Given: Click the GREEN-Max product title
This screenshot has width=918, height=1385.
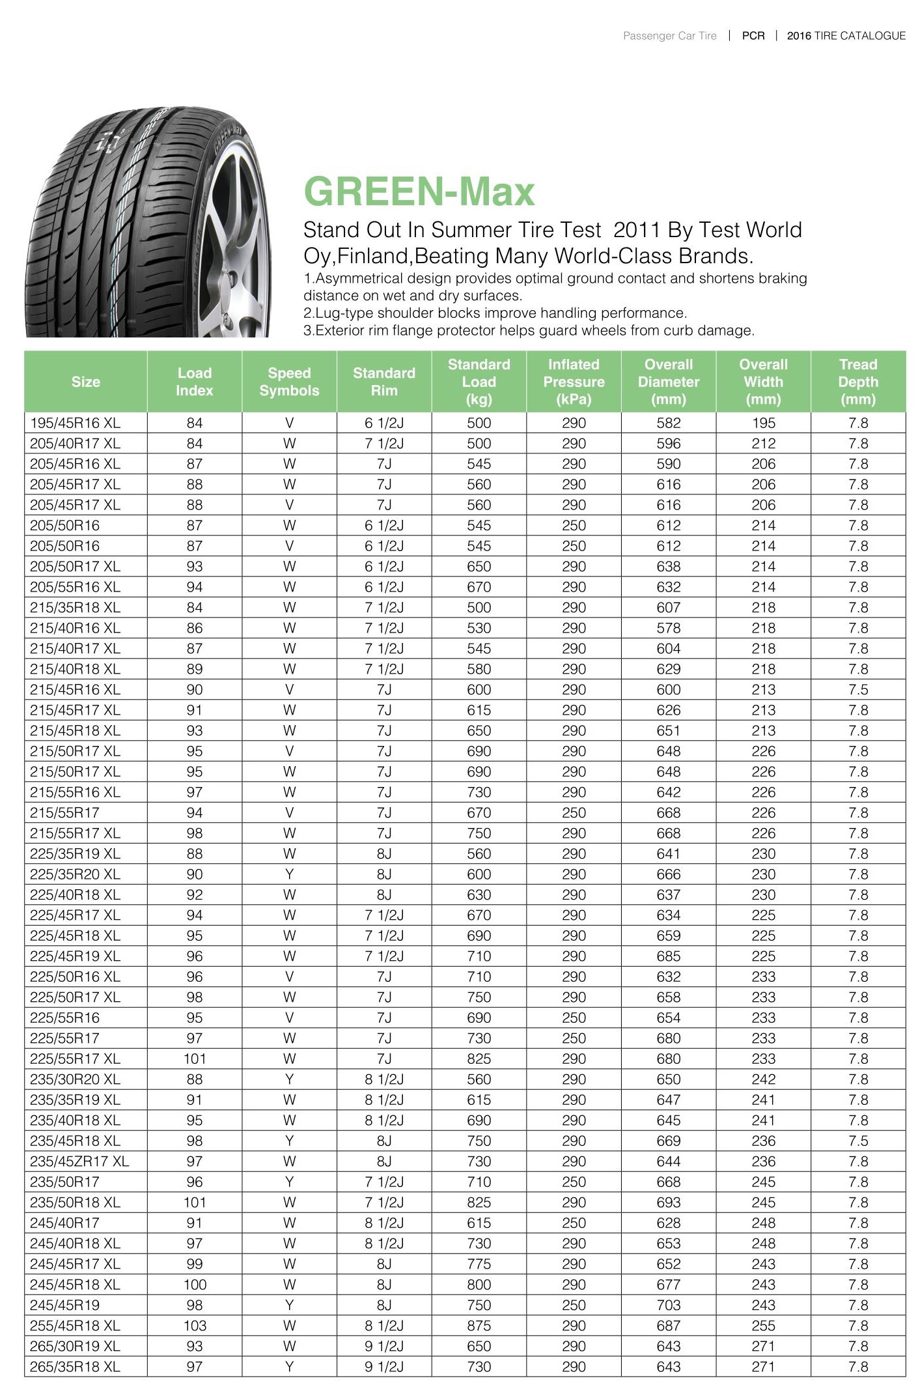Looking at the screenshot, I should pos(419,192).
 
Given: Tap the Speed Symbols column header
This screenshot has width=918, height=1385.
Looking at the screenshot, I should pos(289,382).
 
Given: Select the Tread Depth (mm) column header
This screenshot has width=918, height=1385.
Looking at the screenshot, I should pos(857,382).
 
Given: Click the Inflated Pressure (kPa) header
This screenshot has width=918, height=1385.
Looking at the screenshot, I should pos(574,382).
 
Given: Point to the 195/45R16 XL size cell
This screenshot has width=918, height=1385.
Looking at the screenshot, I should pos(76,423).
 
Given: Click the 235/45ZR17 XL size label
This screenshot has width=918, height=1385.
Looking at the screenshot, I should pos(79,1161).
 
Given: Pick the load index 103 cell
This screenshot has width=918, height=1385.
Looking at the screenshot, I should pos(195,1325).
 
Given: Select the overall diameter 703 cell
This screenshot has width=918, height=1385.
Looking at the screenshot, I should pos(668,1305).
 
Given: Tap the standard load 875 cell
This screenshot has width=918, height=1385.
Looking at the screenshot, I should pos(479,1325).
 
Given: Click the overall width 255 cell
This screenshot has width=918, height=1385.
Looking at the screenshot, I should pos(763,1325).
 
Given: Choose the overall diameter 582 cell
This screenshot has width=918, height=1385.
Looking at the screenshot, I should pos(668,423).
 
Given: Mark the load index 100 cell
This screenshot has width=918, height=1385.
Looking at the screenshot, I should pos(195,1284).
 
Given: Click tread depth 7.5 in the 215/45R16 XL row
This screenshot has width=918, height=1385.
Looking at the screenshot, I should pos(857,689).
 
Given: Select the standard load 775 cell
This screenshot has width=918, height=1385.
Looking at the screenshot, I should pos(479,1264).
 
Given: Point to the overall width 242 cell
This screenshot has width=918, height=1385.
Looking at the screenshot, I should pos(763,1079).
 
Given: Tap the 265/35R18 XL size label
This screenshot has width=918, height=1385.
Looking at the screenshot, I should pos(76,1366).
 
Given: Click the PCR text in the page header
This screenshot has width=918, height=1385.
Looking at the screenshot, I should pos(753,36).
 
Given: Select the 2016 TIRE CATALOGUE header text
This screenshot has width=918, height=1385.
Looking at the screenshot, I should pos(846,36).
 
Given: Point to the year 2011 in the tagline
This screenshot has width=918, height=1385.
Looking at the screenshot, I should pos(637,230).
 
